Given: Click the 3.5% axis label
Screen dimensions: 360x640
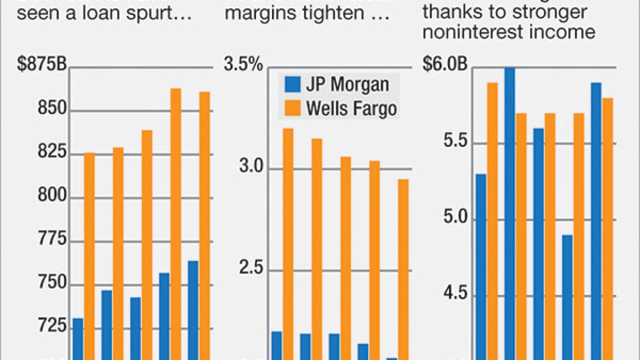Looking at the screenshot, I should (x=243, y=66).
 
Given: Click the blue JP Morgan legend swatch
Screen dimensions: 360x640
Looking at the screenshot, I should (x=292, y=84).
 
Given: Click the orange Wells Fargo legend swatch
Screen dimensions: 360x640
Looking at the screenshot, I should (x=292, y=108).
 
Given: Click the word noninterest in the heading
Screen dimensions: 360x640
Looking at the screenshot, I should (x=464, y=32).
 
